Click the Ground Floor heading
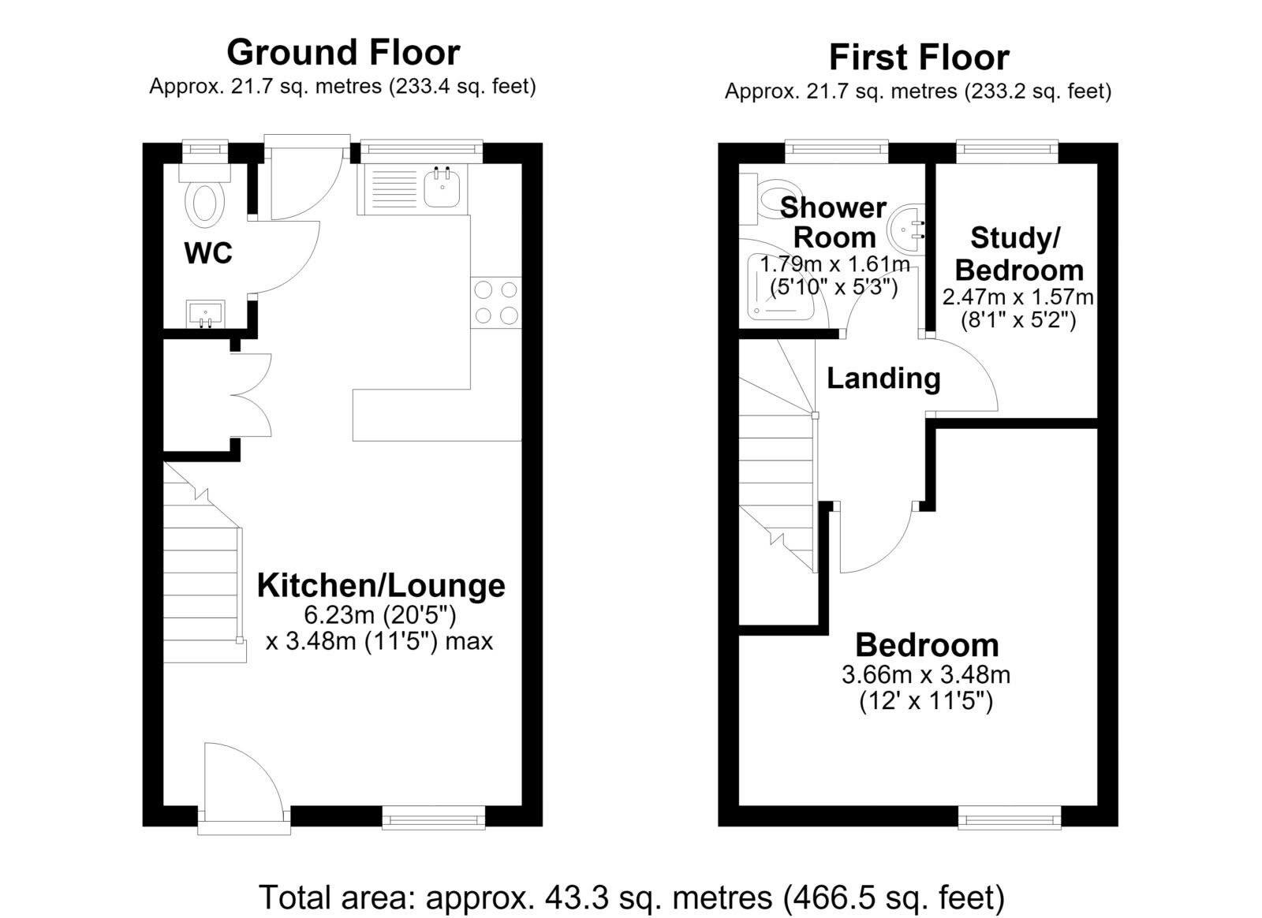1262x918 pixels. point(343,52)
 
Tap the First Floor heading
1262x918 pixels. point(919,58)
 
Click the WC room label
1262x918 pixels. point(208,253)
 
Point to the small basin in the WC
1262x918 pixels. point(205,313)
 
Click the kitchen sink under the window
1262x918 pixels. point(442,186)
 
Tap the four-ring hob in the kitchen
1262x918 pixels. point(496,302)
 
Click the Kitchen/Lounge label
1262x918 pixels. point(381,586)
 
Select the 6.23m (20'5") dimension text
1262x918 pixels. point(379,615)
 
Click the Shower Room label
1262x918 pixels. point(834,222)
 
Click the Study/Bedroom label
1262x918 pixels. point(1018,254)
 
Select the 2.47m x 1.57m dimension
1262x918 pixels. point(1018,297)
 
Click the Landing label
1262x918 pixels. point(883,378)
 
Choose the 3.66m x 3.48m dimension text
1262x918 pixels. point(926,675)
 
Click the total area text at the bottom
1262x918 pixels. point(632,897)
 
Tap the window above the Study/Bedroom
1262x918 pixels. point(1007,150)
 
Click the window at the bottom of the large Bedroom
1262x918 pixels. point(1010,817)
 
